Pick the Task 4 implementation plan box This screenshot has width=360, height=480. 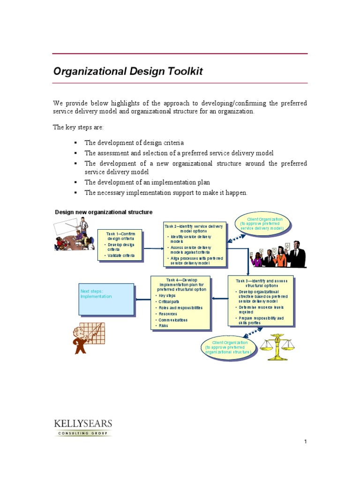pyautogui.click(x=180, y=302)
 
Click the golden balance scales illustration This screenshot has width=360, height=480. pyautogui.click(x=279, y=347)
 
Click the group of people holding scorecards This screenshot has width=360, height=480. pyautogui.click(x=277, y=255)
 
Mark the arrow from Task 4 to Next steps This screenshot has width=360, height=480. pyautogui.click(x=142, y=299)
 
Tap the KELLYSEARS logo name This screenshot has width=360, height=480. pyautogui.click(x=82, y=424)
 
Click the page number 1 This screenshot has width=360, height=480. pyautogui.click(x=305, y=442)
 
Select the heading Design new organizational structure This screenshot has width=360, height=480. pyautogui.click(x=104, y=212)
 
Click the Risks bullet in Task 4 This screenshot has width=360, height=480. pyautogui.click(x=163, y=325)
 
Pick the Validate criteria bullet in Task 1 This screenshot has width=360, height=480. pyautogui.click(x=121, y=255)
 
